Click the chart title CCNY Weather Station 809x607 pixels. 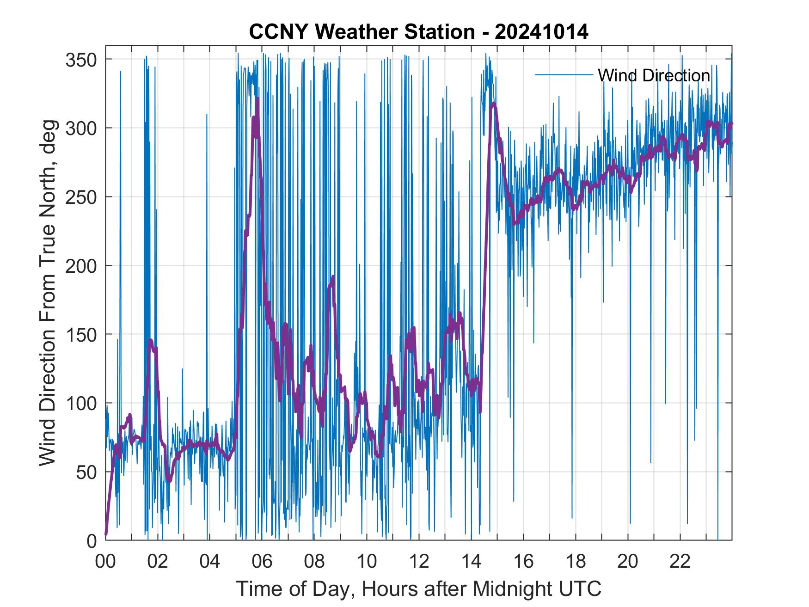tap(362, 32)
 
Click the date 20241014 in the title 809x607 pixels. tap(541, 32)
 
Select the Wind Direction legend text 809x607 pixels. tap(654, 75)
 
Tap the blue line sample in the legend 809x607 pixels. tap(564, 75)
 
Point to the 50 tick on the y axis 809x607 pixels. tap(86, 472)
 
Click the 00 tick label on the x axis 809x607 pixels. tap(105, 562)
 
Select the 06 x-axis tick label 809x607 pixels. tap(262, 562)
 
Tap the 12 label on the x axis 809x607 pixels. tap(419, 562)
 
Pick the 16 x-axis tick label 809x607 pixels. tap(523, 562)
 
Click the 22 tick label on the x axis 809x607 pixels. tap(680, 562)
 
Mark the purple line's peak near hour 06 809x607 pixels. tap(257, 99)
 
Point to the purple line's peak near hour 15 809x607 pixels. tap(494, 104)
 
